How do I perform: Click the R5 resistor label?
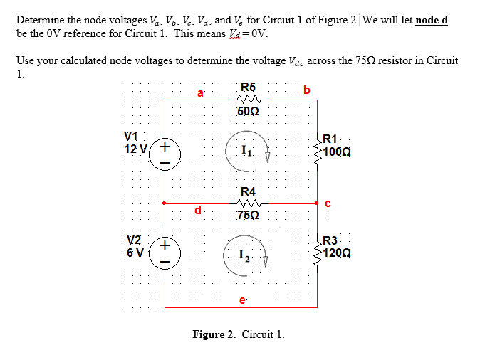tap(249, 88)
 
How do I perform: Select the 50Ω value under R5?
tap(249, 112)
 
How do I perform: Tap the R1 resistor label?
tap(332, 139)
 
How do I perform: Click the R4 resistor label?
tap(249, 191)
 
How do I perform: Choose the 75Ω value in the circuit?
tap(249, 215)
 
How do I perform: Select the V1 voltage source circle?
tap(165, 153)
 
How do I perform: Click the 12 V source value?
tap(135, 149)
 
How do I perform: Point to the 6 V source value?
tap(135, 251)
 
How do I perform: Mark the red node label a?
tap(200, 92)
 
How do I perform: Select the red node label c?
tap(328, 204)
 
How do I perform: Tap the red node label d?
tap(200, 211)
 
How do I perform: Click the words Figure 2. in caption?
tap(214, 334)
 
